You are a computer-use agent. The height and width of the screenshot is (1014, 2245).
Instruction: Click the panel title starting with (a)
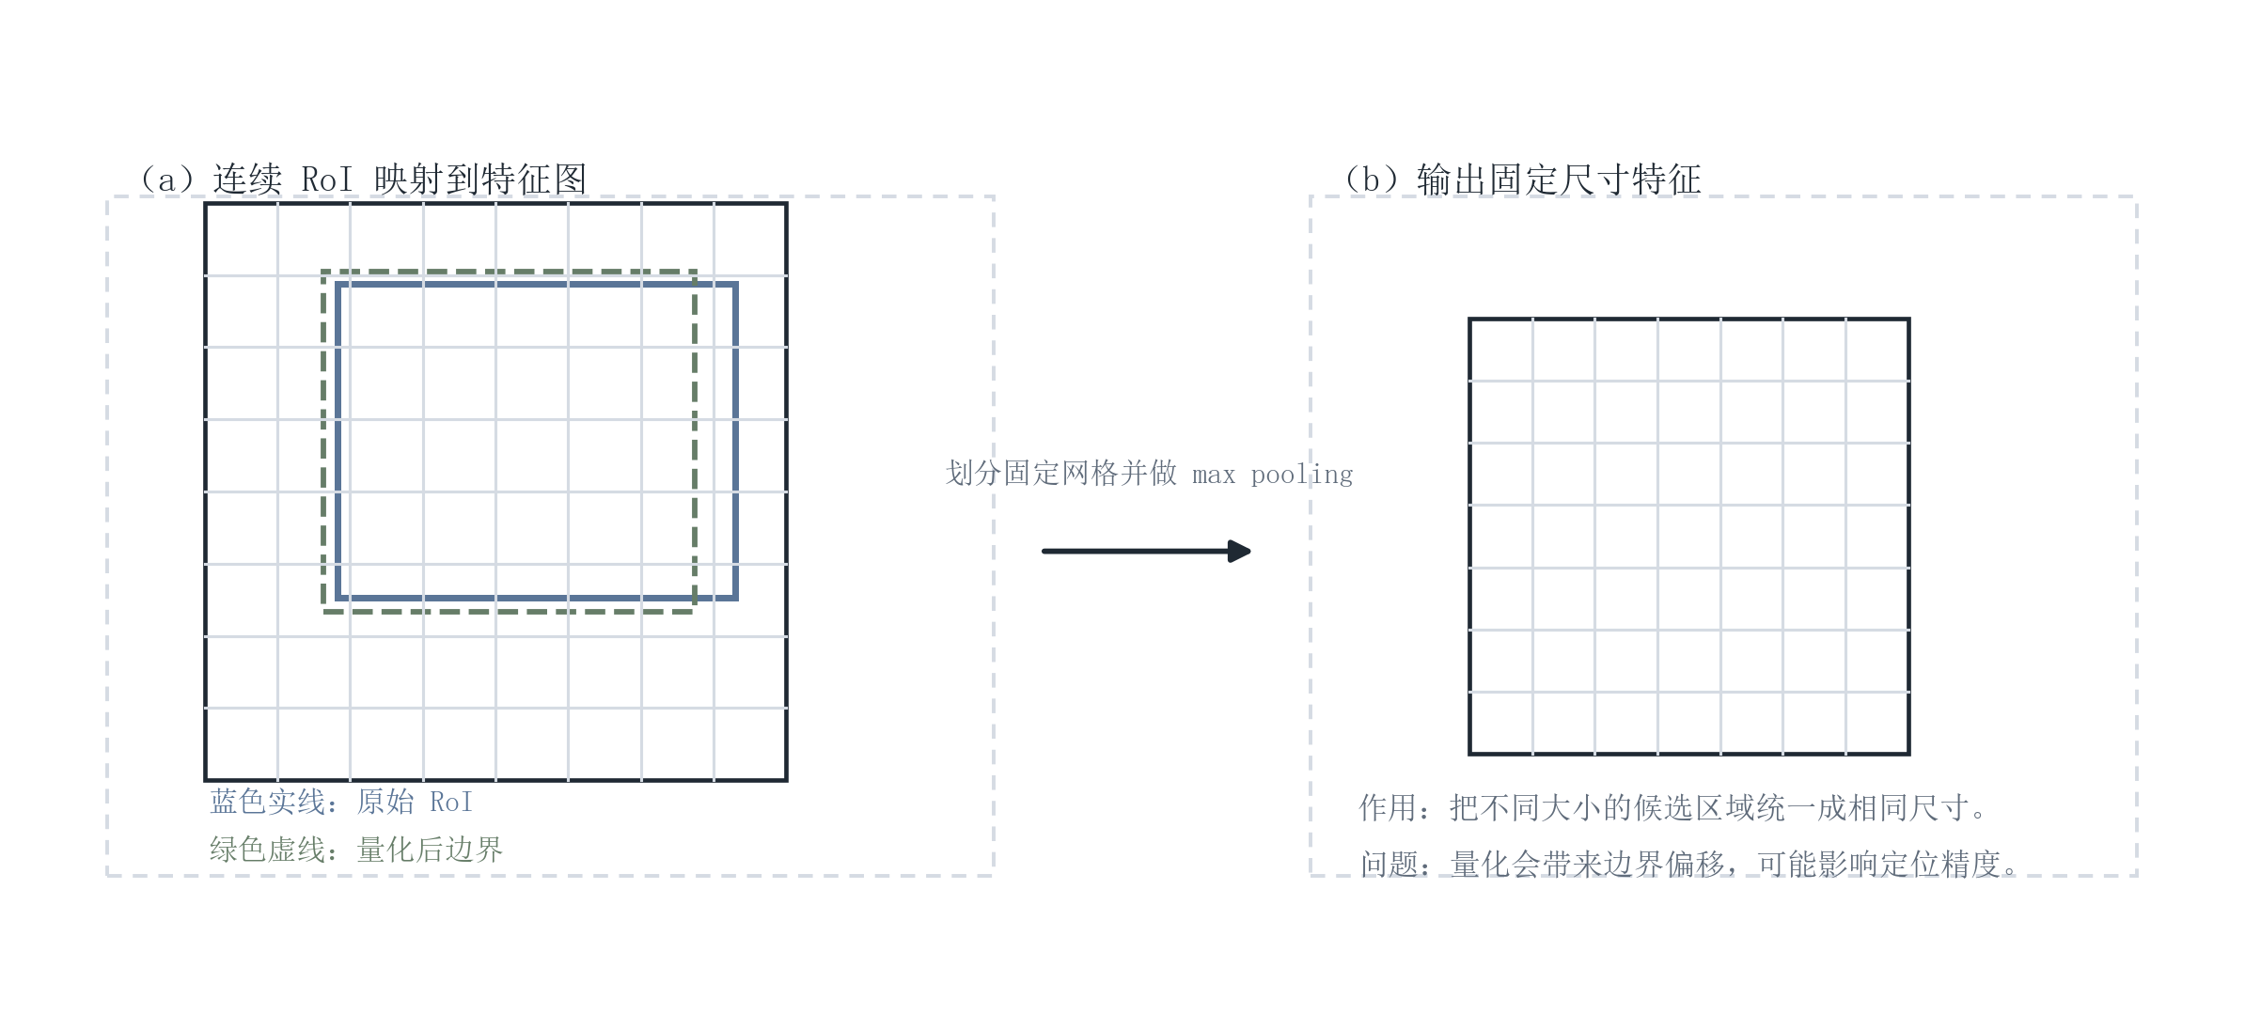(x=363, y=179)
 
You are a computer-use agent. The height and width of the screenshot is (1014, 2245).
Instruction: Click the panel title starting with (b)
(x=1523, y=179)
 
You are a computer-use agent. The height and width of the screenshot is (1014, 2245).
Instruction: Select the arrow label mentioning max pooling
(x=1149, y=474)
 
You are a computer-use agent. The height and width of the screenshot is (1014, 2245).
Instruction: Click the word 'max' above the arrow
(x=1214, y=476)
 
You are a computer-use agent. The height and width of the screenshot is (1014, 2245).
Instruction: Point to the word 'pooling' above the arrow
(x=1302, y=476)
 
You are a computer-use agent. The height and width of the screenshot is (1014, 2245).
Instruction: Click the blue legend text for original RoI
(x=341, y=802)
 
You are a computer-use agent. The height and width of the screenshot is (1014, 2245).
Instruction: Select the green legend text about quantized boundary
(x=356, y=850)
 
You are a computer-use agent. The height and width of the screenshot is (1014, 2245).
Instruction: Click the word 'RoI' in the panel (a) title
(x=327, y=179)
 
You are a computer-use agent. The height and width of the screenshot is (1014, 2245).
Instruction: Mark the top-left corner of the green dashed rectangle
(x=324, y=273)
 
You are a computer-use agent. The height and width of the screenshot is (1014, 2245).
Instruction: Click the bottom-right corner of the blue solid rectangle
(x=735, y=597)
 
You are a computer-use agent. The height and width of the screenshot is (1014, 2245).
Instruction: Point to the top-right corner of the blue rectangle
(x=735, y=284)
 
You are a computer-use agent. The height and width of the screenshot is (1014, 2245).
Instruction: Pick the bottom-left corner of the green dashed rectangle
(x=324, y=611)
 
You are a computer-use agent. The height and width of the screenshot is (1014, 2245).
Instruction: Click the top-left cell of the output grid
(x=1501, y=351)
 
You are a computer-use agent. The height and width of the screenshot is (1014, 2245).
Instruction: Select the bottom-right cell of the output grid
(x=1877, y=723)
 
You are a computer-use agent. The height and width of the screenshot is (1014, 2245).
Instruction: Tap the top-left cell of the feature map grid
(x=242, y=240)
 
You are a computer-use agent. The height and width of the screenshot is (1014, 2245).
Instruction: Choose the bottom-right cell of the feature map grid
(x=750, y=743)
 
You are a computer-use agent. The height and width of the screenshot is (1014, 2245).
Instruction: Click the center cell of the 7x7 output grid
(x=1689, y=537)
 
